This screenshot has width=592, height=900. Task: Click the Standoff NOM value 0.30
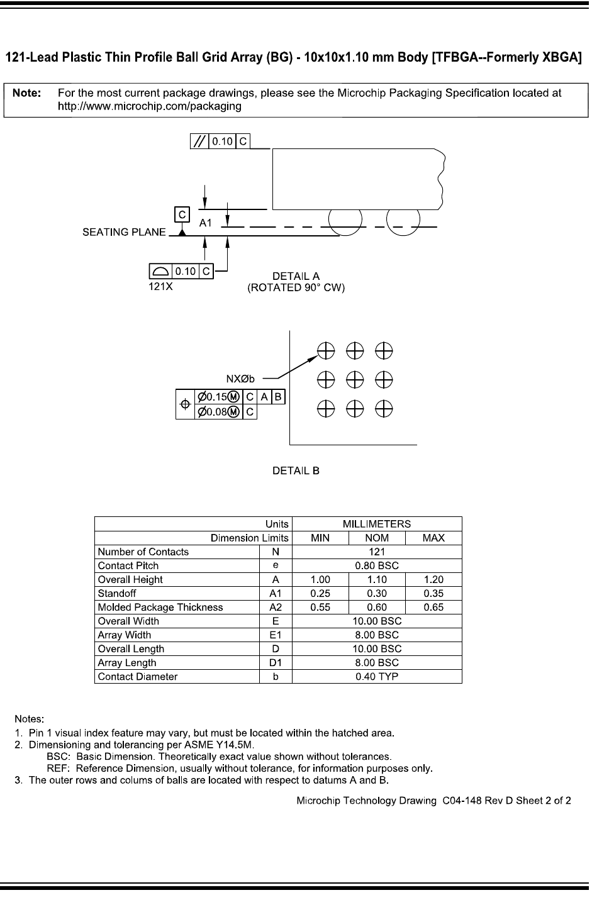point(377,593)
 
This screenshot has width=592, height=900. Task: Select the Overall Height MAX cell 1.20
point(433,579)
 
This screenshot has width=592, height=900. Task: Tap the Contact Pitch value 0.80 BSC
point(377,565)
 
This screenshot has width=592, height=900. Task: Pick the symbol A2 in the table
point(276,607)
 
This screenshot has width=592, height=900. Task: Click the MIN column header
point(320,538)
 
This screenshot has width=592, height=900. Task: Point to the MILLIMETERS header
point(377,524)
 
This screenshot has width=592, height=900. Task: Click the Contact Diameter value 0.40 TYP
point(377,677)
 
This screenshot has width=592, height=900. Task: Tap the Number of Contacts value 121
point(377,552)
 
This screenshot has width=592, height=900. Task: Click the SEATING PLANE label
point(125,232)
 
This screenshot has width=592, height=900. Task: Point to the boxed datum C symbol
point(182,214)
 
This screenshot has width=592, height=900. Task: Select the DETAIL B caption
point(296,470)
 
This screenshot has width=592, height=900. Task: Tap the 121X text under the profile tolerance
point(160,286)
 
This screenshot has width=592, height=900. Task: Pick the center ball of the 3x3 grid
point(355,379)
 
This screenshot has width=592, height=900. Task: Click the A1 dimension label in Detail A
point(206,223)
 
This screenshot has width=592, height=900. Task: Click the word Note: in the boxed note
point(27,93)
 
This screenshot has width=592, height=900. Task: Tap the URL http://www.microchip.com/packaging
point(150,106)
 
